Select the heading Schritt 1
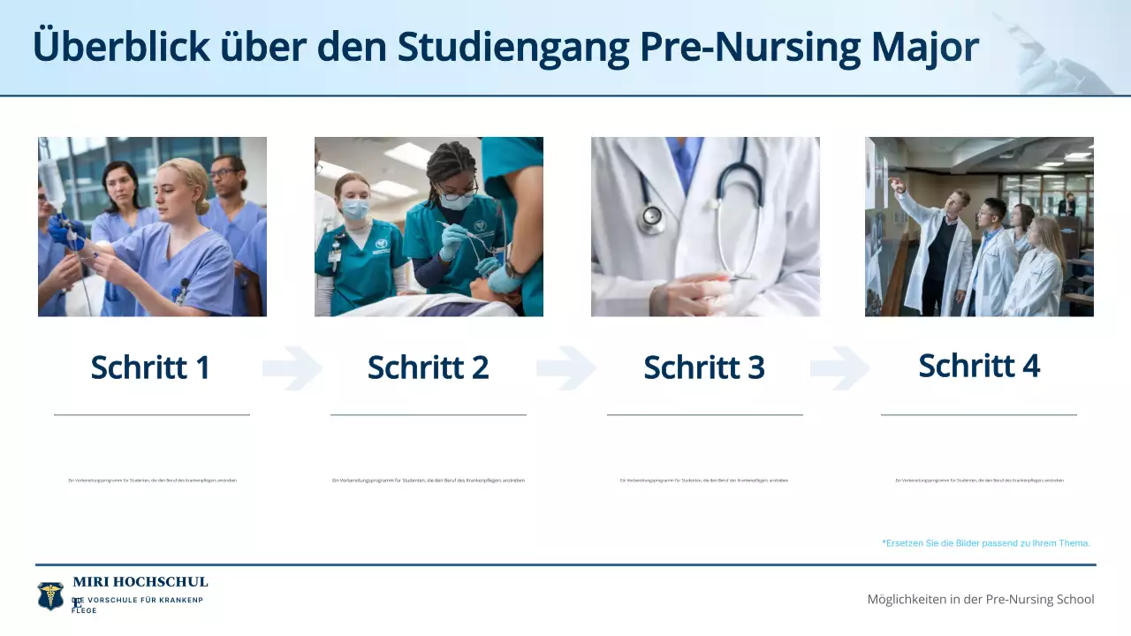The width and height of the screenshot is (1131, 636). (x=150, y=367)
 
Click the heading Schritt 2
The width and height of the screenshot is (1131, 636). (x=428, y=367)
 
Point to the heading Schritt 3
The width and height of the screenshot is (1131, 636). (x=704, y=367)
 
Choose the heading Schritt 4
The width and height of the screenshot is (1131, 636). (x=979, y=366)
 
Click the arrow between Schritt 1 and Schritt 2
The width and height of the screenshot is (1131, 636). (x=292, y=368)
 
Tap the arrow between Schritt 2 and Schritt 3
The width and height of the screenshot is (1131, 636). (x=566, y=368)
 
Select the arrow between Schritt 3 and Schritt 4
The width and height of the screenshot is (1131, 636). (x=840, y=368)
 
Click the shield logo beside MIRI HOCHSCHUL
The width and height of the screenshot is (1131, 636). (x=50, y=595)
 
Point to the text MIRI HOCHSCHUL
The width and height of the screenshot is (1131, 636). (x=140, y=582)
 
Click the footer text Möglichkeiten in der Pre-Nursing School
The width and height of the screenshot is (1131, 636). (x=981, y=599)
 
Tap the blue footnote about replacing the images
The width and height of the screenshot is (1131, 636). (x=986, y=543)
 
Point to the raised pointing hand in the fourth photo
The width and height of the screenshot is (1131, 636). (x=895, y=184)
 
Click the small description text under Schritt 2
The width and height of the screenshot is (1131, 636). (x=429, y=481)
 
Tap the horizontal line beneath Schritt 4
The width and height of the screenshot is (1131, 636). (x=979, y=414)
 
